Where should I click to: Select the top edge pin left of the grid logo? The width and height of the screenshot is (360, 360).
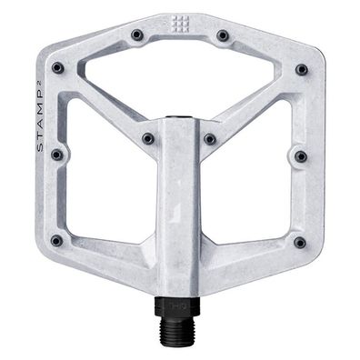pos(136,35)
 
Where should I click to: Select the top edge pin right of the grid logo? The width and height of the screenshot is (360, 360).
pos(223,35)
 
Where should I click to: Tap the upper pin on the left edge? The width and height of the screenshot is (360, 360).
pos(57,67)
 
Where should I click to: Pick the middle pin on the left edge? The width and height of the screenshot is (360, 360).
pos(57,155)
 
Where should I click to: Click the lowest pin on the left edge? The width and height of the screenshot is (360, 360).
pos(56,241)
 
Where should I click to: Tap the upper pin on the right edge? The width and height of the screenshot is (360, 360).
pos(301,69)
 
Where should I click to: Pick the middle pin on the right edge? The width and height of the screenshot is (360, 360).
pos(301,156)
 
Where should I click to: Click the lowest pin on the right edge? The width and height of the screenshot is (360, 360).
pos(300,242)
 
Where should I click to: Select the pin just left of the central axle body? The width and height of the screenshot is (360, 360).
pos(148,139)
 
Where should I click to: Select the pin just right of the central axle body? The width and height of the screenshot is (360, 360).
pos(210,139)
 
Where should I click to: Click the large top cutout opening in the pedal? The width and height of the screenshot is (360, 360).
pos(179,82)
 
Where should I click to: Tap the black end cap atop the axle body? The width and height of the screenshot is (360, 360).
pos(179,120)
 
